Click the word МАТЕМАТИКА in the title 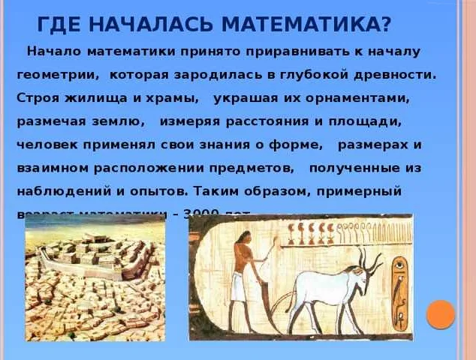[x=320, y=25]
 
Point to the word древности [x=399, y=76]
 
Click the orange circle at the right [x=441, y=314]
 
